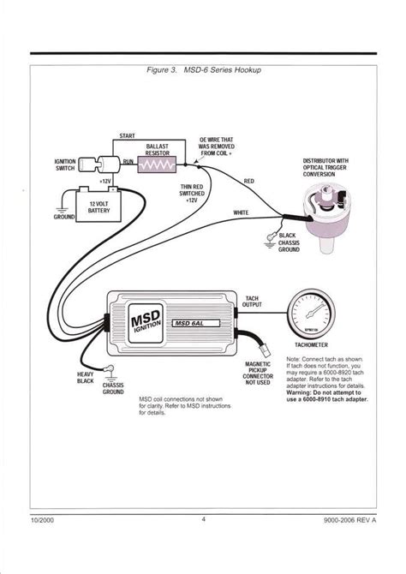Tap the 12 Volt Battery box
pos(93,205)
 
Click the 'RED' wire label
pos(248,182)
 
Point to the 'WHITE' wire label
pos(242,211)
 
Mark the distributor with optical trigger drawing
pos(325,214)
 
